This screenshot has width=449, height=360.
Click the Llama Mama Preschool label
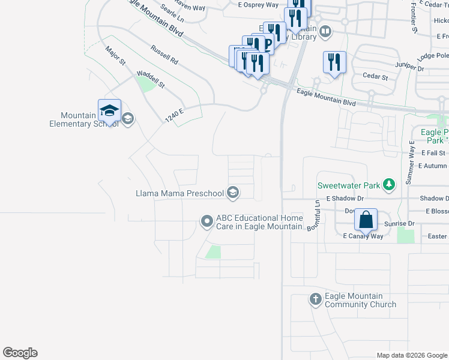[x=180, y=193]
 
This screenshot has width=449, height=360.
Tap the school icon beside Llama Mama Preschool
[x=234, y=193]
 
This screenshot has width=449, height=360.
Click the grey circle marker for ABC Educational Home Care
[x=207, y=222]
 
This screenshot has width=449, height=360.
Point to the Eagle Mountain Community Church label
[x=360, y=300]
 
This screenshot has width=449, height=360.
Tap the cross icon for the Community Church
[x=316, y=299]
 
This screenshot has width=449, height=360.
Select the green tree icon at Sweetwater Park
[x=389, y=185]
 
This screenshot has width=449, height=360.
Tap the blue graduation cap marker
[x=109, y=111]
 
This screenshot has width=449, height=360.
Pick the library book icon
[x=325, y=31]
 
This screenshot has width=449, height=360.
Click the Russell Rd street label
[x=164, y=55]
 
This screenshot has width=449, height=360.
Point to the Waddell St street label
[x=151, y=80]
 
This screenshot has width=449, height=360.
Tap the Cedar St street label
[x=376, y=77]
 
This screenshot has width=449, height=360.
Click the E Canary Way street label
[x=363, y=236]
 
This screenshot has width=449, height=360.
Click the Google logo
[x=20, y=353]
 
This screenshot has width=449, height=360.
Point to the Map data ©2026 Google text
[x=411, y=355]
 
